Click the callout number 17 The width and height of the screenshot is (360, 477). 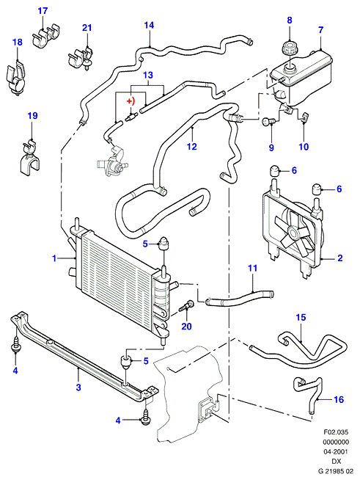pos(43,11)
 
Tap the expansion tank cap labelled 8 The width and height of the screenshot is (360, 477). pos(287,48)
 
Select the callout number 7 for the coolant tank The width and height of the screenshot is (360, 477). pos(321,30)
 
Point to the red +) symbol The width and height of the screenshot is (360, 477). pos(131,101)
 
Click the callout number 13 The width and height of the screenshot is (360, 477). pos(148,75)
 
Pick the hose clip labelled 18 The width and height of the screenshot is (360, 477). pos(16,78)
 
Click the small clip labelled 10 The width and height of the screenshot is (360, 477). pos(304,117)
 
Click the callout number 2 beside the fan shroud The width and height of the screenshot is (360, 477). pos(340,258)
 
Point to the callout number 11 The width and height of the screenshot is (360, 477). pos(252,268)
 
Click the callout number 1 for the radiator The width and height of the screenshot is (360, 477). pos(54,258)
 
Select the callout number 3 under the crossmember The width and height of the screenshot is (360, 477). pos(78,387)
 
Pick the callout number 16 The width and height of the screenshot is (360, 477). pos(339,399)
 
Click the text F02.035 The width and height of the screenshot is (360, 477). pos(336,432)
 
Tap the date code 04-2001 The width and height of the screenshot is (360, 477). pos(336,452)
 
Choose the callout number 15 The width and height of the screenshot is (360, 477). pos(301,317)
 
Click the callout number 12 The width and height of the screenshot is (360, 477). pos(192,146)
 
